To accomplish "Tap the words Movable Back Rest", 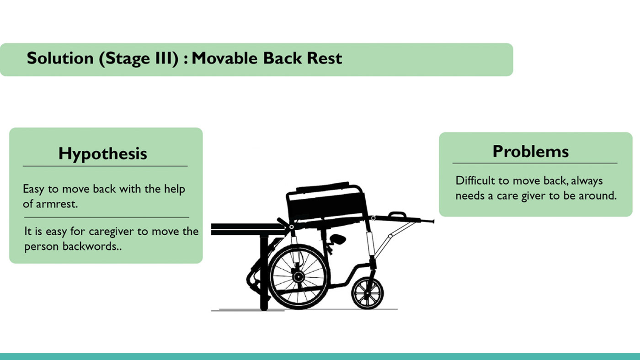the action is (267, 59).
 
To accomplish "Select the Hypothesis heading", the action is (103, 154).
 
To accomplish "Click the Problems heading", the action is (530, 151).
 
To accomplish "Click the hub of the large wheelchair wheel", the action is (298, 276).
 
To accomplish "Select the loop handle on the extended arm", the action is (397, 215).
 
